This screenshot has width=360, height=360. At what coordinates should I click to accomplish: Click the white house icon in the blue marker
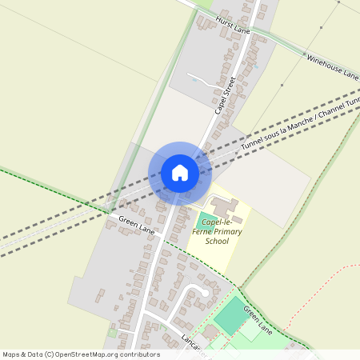180,173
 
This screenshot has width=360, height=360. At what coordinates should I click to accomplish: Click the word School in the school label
217,241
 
